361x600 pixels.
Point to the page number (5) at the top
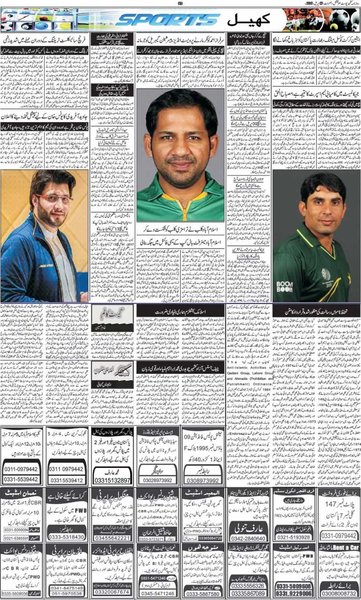pos(180,4)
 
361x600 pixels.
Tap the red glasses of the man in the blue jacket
pos(48,198)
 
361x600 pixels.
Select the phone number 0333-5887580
pos(202,593)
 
